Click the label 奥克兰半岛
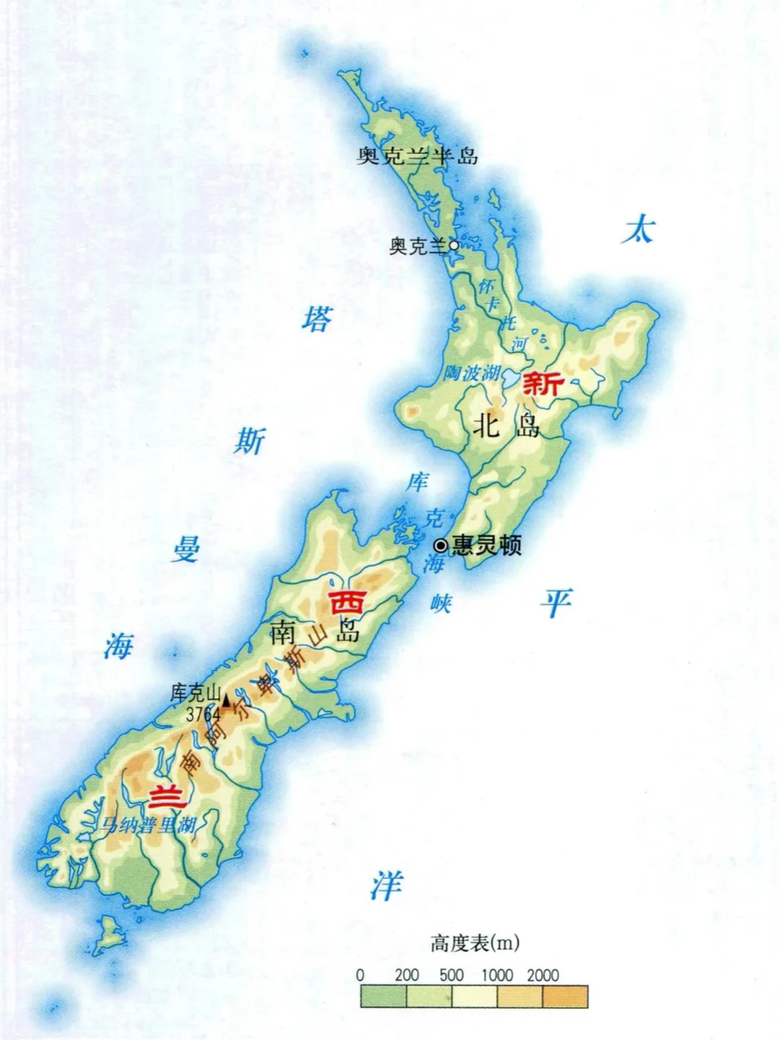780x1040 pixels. [x=417, y=155]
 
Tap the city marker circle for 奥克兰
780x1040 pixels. [x=454, y=246]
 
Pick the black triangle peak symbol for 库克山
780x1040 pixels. [x=226, y=700]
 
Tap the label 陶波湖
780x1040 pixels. [x=471, y=373]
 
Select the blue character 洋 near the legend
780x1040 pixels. [x=386, y=885]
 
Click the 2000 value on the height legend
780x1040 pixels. [x=542, y=975]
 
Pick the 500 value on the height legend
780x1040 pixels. [x=451, y=975]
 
